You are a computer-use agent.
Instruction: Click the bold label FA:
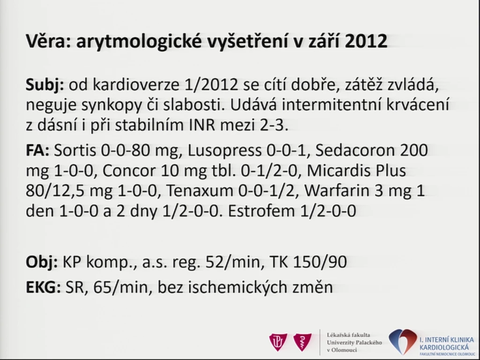pos(37,150)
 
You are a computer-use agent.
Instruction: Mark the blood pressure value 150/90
pos(320,262)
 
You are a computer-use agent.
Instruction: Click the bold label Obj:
pos(42,262)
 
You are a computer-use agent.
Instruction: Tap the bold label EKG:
pos(43,287)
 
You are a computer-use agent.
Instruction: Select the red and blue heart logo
pos(403,341)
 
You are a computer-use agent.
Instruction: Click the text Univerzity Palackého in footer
pos(354,342)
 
